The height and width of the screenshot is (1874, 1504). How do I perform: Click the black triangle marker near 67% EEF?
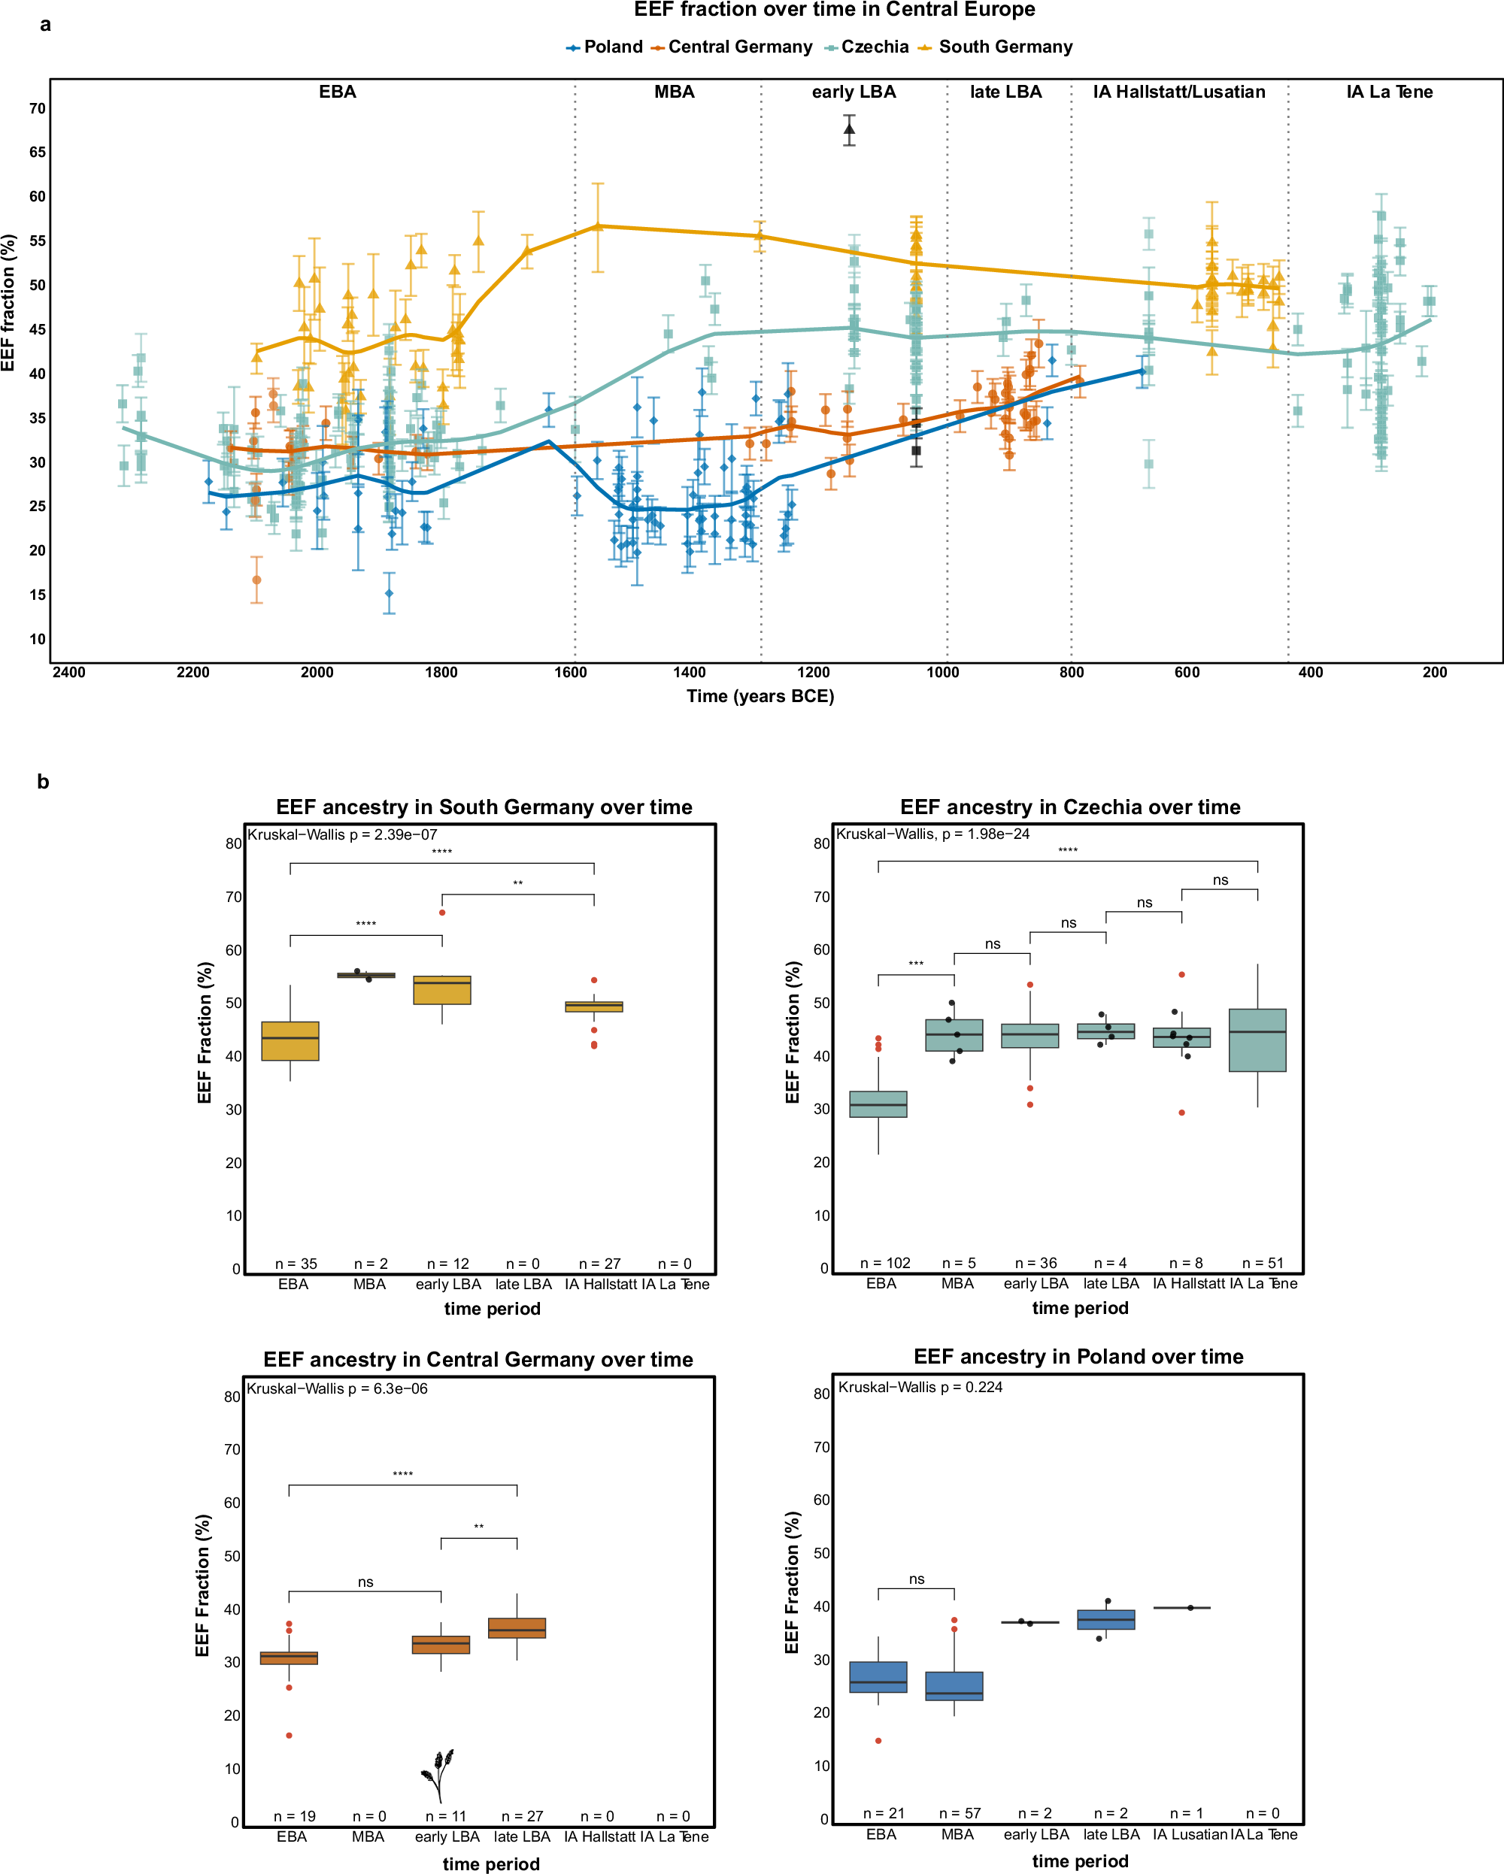point(849,129)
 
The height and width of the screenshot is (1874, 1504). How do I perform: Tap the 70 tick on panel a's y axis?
point(38,109)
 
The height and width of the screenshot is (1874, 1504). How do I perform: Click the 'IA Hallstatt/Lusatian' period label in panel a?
point(1179,92)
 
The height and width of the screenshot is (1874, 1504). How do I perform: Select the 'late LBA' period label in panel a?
point(1006,92)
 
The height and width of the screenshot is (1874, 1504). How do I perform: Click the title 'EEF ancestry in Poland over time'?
point(1078,1357)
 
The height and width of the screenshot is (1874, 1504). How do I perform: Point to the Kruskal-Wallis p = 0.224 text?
point(920,1387)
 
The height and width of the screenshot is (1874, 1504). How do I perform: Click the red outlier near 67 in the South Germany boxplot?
point(442,913)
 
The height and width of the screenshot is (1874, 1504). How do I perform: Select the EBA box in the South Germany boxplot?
point(290,1040)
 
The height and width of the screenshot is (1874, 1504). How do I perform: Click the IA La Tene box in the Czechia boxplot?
point(1257,1040)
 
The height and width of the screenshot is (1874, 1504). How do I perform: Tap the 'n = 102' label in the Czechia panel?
point(885,1263)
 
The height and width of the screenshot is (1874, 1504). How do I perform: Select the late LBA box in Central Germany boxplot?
point(517,1628)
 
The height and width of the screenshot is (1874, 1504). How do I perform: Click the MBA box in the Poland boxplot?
point(954,1685)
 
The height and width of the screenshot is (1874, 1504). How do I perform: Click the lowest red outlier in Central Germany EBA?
point(290,1736)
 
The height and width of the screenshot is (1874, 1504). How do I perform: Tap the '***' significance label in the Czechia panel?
point(915,964)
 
